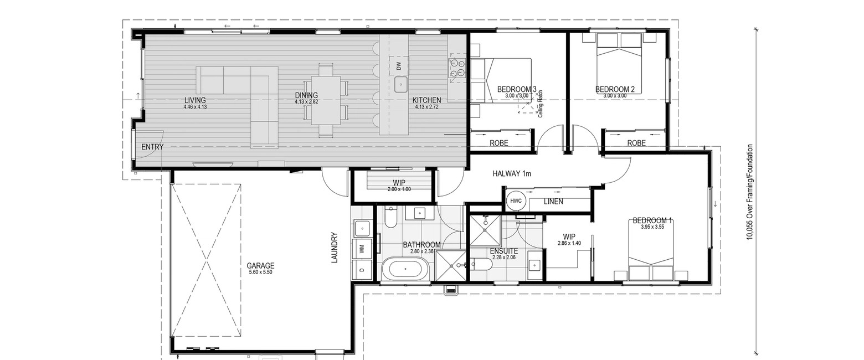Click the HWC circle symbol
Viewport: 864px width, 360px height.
tap(516, 200)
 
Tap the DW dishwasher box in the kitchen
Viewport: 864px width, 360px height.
tap(398, 65)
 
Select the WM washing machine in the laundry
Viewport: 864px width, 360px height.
tap(362, 249)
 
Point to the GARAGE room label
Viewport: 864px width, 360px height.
tap(260, 265)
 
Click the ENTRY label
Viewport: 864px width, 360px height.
tap(152, 147)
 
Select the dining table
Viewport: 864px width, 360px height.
tap(326, 100)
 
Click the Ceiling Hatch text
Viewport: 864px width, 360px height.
tap(541, 104)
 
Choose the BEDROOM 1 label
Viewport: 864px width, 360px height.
tap(652, 220)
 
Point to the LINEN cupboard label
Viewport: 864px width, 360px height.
tap(553, 202)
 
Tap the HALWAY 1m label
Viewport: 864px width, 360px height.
tap(512, 174)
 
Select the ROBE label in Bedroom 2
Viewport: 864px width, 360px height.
tap(636, 143)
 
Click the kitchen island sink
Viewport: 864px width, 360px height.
tap(401, 84)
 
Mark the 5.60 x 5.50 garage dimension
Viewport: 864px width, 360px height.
tap(260, 272)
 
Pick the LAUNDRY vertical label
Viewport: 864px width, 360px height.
tap(335, 248)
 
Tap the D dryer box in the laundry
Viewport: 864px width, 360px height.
tap(362, 270)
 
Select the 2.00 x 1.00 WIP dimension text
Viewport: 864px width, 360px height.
tap(399, 189)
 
